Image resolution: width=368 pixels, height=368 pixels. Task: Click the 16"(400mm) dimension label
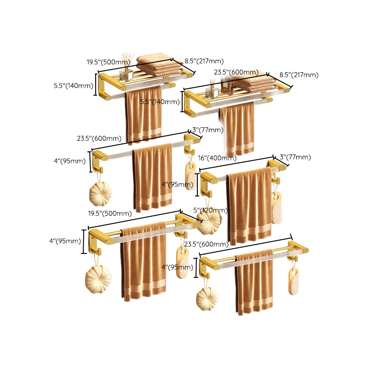[217, 158]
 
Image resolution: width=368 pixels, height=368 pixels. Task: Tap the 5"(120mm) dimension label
[210, 210]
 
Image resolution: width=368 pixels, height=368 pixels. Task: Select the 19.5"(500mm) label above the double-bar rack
[109, 213]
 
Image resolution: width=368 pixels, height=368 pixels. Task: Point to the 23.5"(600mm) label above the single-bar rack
[99, 138]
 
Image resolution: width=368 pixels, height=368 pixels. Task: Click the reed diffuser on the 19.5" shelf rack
[125, 69]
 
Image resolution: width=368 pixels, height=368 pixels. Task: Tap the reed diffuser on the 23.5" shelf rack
[212, 88]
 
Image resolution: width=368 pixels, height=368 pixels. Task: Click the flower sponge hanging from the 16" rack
[209, 222]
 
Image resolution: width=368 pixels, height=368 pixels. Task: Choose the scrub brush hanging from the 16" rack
[276, 208]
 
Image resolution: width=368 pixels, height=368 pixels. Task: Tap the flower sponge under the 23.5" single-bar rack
[100, 194]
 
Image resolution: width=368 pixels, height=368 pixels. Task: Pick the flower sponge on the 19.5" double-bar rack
[98, 279]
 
